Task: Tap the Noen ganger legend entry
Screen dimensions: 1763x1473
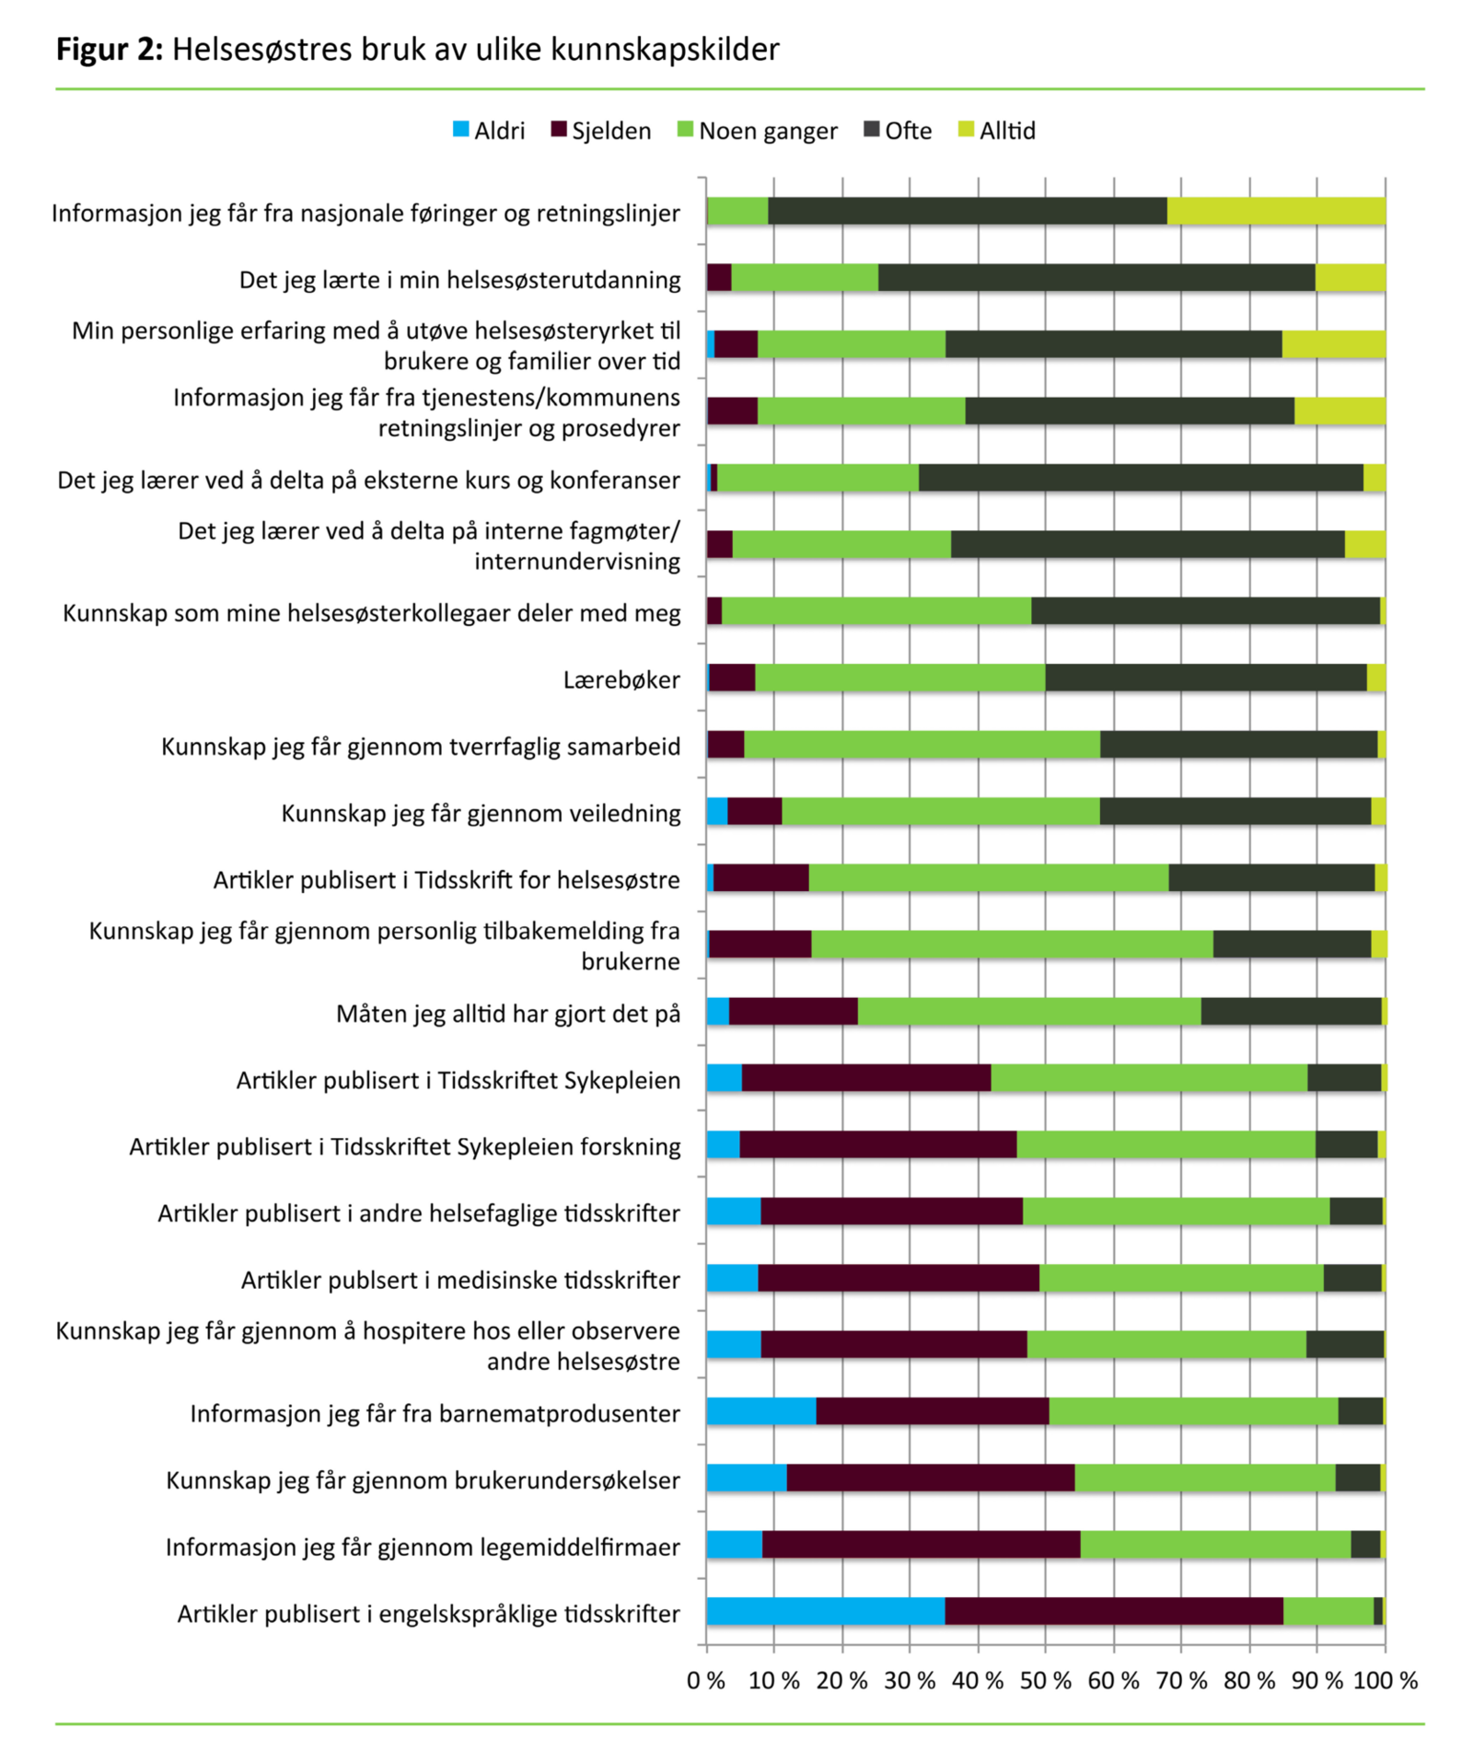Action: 758,131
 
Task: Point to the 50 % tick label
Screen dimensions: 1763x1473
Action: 1046,1680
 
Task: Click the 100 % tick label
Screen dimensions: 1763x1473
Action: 1385,1680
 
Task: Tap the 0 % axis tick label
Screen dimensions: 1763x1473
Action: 706,1680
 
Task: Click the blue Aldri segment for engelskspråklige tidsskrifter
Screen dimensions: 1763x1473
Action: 826,1611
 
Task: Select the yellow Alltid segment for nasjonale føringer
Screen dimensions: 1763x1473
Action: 1276,211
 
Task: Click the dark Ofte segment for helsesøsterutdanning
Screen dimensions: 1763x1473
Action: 1096,277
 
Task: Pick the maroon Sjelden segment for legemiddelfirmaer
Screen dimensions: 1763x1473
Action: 921,1545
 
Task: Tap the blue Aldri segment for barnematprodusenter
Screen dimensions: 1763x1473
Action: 761,1411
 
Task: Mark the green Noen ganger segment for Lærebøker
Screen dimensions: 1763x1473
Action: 900,678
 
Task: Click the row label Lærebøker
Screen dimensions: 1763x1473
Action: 621,679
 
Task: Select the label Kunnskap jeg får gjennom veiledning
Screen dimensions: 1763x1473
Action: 481,813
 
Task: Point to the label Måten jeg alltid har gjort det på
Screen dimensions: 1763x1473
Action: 508,1014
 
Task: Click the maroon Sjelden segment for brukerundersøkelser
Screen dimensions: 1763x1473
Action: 931,1478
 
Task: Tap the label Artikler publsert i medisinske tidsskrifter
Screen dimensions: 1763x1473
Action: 460,1280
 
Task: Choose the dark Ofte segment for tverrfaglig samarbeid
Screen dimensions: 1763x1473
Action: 1238,745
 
